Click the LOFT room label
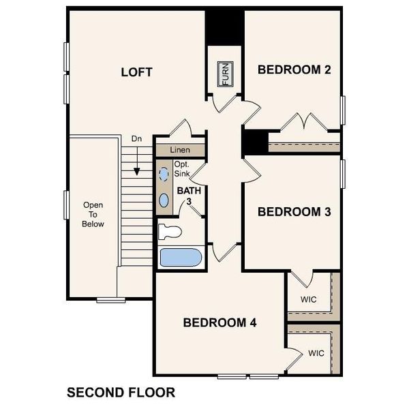tap(136, 72)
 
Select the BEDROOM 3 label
tap(294, 212)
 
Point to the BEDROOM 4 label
tap(219, 322)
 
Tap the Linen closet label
tap(180, 150)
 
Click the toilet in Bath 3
tap(170, 231)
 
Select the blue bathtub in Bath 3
tap(180, 258)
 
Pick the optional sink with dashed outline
tap(164, 175)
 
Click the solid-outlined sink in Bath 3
tap(164, 200)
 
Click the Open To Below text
tap(93, 214)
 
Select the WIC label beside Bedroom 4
tap(316, 353)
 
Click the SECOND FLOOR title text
tap(121, 393)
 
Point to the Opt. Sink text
tap(181, 169)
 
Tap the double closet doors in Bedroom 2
tap(301, 123)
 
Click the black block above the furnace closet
tap(225, 27)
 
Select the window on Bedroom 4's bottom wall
tap(248, 376)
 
